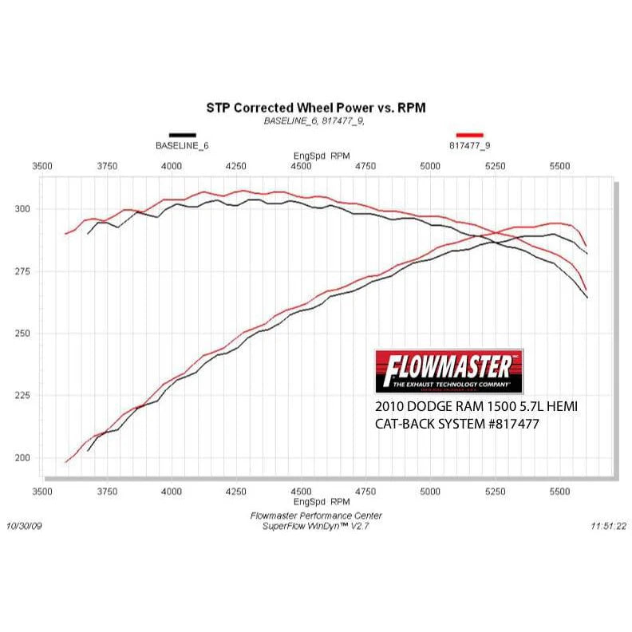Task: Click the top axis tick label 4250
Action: (236, 165)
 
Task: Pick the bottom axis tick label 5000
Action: (430, 492)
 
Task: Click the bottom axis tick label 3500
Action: (42, 492)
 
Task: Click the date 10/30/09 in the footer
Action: (25, 527)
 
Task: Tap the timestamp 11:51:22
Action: (608, 527)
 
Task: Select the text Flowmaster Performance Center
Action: (316, 517)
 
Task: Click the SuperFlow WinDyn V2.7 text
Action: (316, 527)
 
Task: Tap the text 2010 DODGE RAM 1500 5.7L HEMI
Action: (476, 407)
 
